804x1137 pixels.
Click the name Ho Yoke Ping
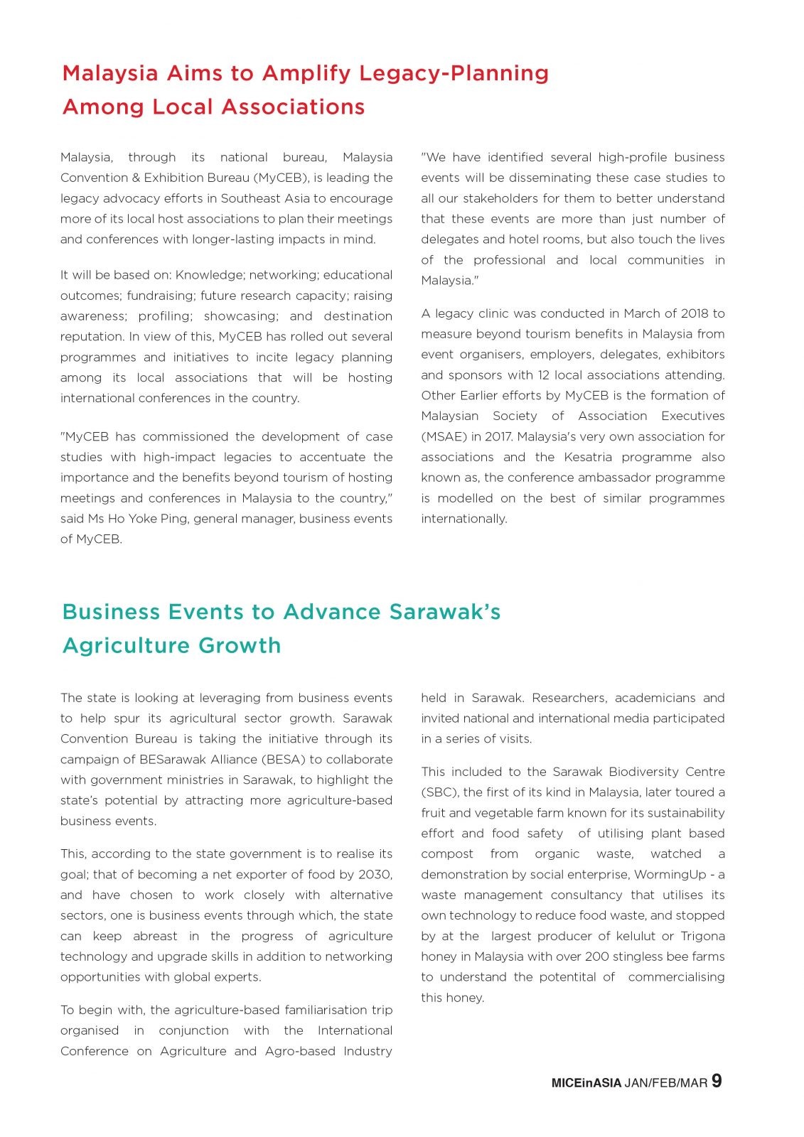coord(148,519)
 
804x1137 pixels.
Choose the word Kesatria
coord(588,457)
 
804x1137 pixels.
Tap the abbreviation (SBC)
coord(439,792)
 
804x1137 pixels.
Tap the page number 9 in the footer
coord(717,1081)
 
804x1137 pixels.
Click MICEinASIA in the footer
coord(586,1083)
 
